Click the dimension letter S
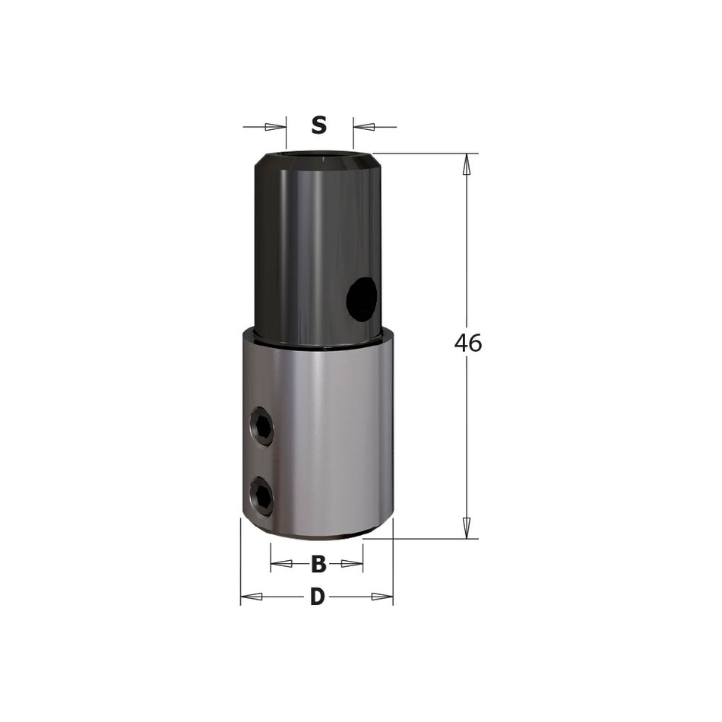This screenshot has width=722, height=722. (x=319, y=125)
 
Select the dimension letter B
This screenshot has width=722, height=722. (x=318, y=564)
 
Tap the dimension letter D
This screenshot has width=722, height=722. (x=318, y=597)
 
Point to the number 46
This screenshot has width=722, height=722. (x=468, y=344)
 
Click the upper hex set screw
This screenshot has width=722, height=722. (x=262, y=426)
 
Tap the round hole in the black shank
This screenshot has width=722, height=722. (x=362, y=298)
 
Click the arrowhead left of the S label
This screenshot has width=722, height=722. (x=275, y=126)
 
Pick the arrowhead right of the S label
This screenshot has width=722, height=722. (x=365, y=126)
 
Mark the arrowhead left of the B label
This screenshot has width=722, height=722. (x=281, y=564)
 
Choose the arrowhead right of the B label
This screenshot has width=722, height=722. (x=352, y=564)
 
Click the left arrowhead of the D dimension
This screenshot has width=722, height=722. (x=251, y=597)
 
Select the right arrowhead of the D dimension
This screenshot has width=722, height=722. (x=382, y=597)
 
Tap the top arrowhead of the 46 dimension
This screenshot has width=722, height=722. (x=467, y=165)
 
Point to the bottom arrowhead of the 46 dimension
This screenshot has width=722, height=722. (x=467, y=528)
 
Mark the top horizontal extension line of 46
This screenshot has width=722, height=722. (x=426, y=154)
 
